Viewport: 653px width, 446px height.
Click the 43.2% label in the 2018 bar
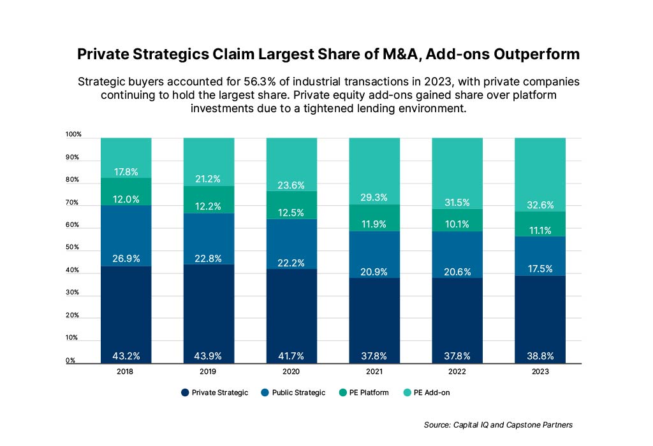[126, 355]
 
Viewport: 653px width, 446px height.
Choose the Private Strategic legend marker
[185, 392]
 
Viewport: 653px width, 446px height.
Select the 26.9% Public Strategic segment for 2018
[126, 235]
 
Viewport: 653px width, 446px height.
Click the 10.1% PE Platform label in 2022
[457, 224]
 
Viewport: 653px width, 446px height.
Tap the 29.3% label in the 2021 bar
[374, 198]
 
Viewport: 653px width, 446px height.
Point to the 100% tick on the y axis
[73, 134]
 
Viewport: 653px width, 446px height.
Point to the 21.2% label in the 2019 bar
[209, 179]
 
